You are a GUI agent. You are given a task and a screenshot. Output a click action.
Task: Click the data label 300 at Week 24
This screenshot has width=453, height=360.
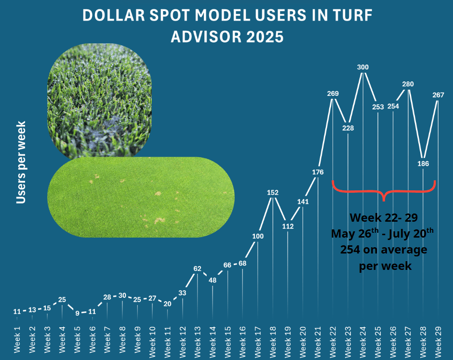(x=363, y=67)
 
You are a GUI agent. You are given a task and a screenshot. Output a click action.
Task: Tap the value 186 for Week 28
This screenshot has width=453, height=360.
(x=423, y=163)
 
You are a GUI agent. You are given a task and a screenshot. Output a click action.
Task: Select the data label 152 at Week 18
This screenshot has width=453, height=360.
(x=273, y=193)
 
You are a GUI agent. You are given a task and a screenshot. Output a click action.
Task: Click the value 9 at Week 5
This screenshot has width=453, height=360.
(x=77, y=313)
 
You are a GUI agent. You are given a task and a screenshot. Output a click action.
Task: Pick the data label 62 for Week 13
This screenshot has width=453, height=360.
(x=197, y=268)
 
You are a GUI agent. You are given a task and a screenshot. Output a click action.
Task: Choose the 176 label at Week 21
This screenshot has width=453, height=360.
(x=318, y=172)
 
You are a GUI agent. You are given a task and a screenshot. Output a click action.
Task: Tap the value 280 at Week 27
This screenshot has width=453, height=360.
(x=408, y=84)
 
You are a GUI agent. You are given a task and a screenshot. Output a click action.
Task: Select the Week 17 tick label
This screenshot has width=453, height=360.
(x=258, y=340)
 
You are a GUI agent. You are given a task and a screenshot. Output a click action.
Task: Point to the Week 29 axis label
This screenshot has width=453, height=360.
(x=439, y=340)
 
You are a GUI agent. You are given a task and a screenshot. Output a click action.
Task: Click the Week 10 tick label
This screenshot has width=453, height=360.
(x=152, y=340)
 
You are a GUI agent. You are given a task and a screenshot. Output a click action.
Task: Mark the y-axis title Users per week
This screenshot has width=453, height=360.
(x=21, y=162)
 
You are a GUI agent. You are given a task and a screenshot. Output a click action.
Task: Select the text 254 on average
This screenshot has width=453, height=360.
(x=384, y=250)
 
